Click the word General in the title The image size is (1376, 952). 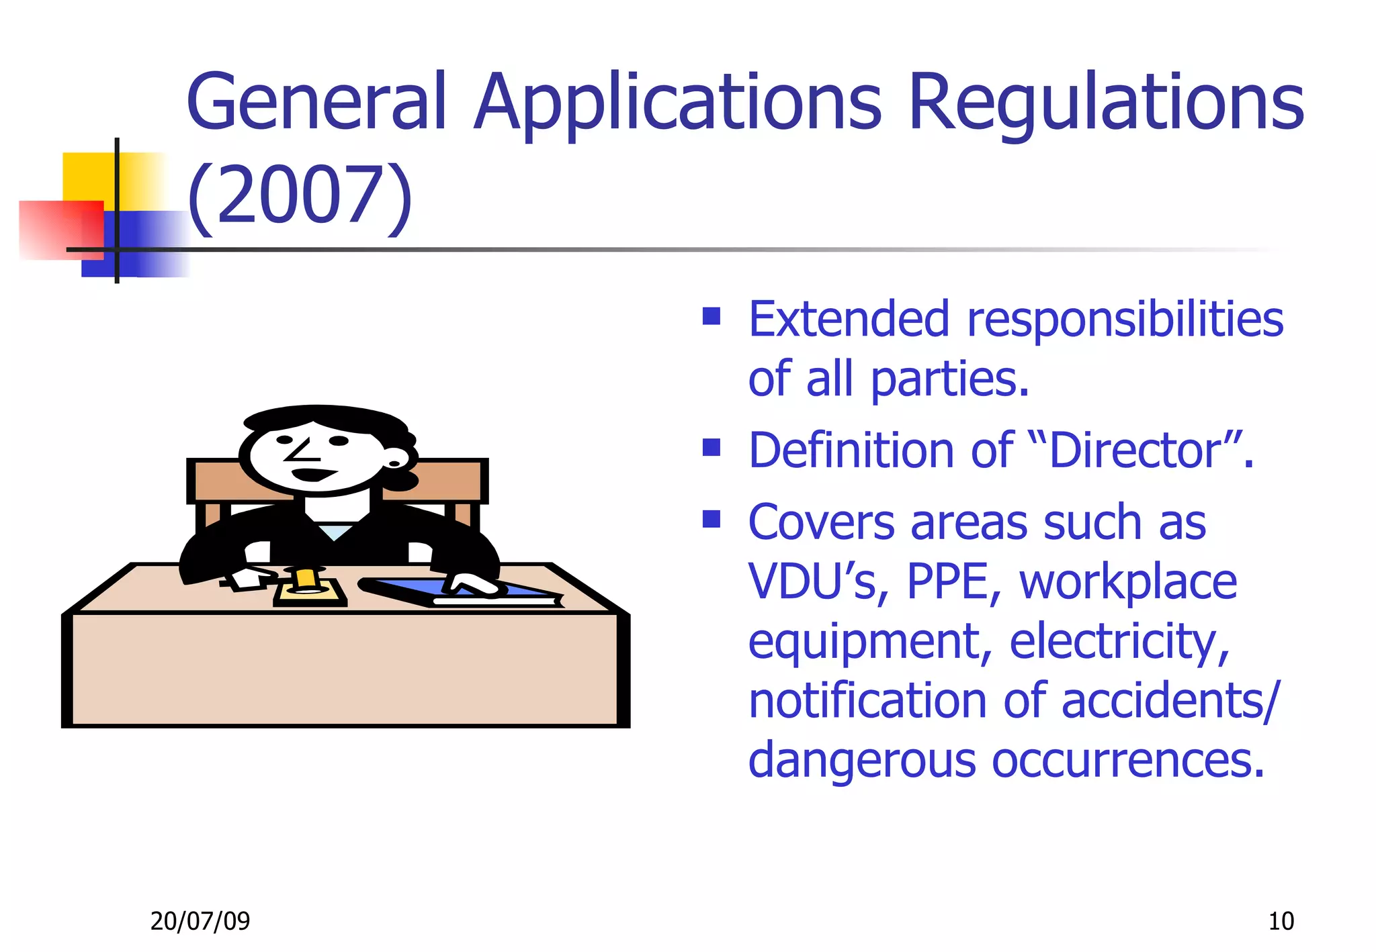click(x=316, y=102)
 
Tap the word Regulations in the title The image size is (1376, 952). click(x=1105, y=102)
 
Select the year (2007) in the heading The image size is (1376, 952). click(x=299, y=196)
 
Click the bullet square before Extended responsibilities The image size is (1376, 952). click(x=711, y=316)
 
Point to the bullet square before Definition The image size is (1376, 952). click(x=711, y=446)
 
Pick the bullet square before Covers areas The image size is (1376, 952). click(x=711, y=519)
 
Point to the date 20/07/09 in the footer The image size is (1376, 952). click(x=200, y=921)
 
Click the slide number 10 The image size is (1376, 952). click(x=1281, y=921)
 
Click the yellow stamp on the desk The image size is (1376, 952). click(x=306, y=579)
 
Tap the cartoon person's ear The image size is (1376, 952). click(x=395, y=463)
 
